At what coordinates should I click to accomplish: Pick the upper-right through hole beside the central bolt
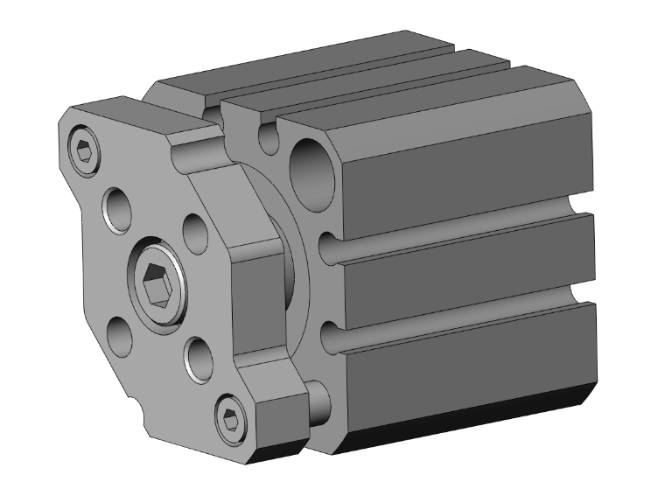click(x=194, y=229)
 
